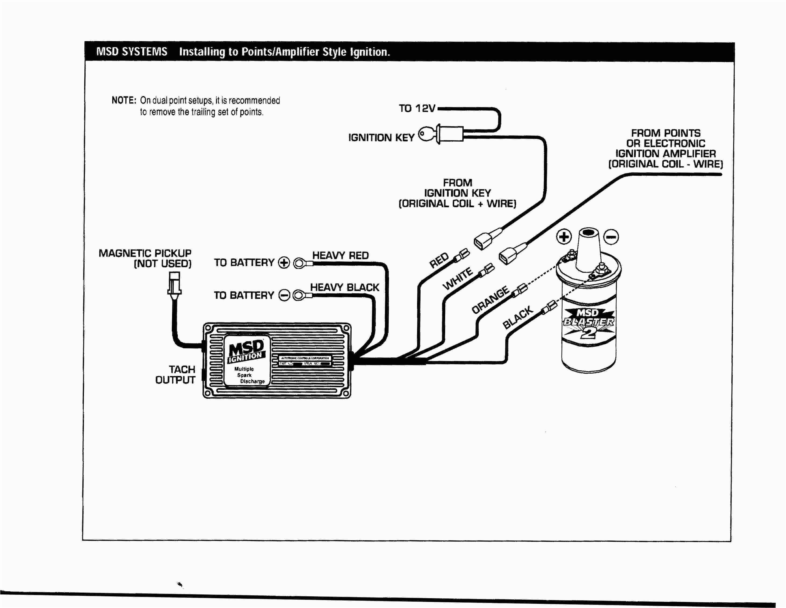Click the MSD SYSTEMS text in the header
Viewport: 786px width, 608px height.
132,52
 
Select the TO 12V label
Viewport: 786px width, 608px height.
417,108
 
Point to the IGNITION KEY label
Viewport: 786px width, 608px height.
381,138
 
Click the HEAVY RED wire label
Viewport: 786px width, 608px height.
340,255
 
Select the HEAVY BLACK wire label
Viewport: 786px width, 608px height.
344,287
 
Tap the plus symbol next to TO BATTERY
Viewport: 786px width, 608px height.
284,263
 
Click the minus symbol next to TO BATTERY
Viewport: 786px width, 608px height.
284,295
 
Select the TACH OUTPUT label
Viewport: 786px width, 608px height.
176,375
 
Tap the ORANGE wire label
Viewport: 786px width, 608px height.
490,300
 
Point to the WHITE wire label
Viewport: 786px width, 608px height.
458,279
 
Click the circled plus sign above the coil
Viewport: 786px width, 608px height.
564,237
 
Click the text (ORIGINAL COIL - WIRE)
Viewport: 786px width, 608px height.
665,164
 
